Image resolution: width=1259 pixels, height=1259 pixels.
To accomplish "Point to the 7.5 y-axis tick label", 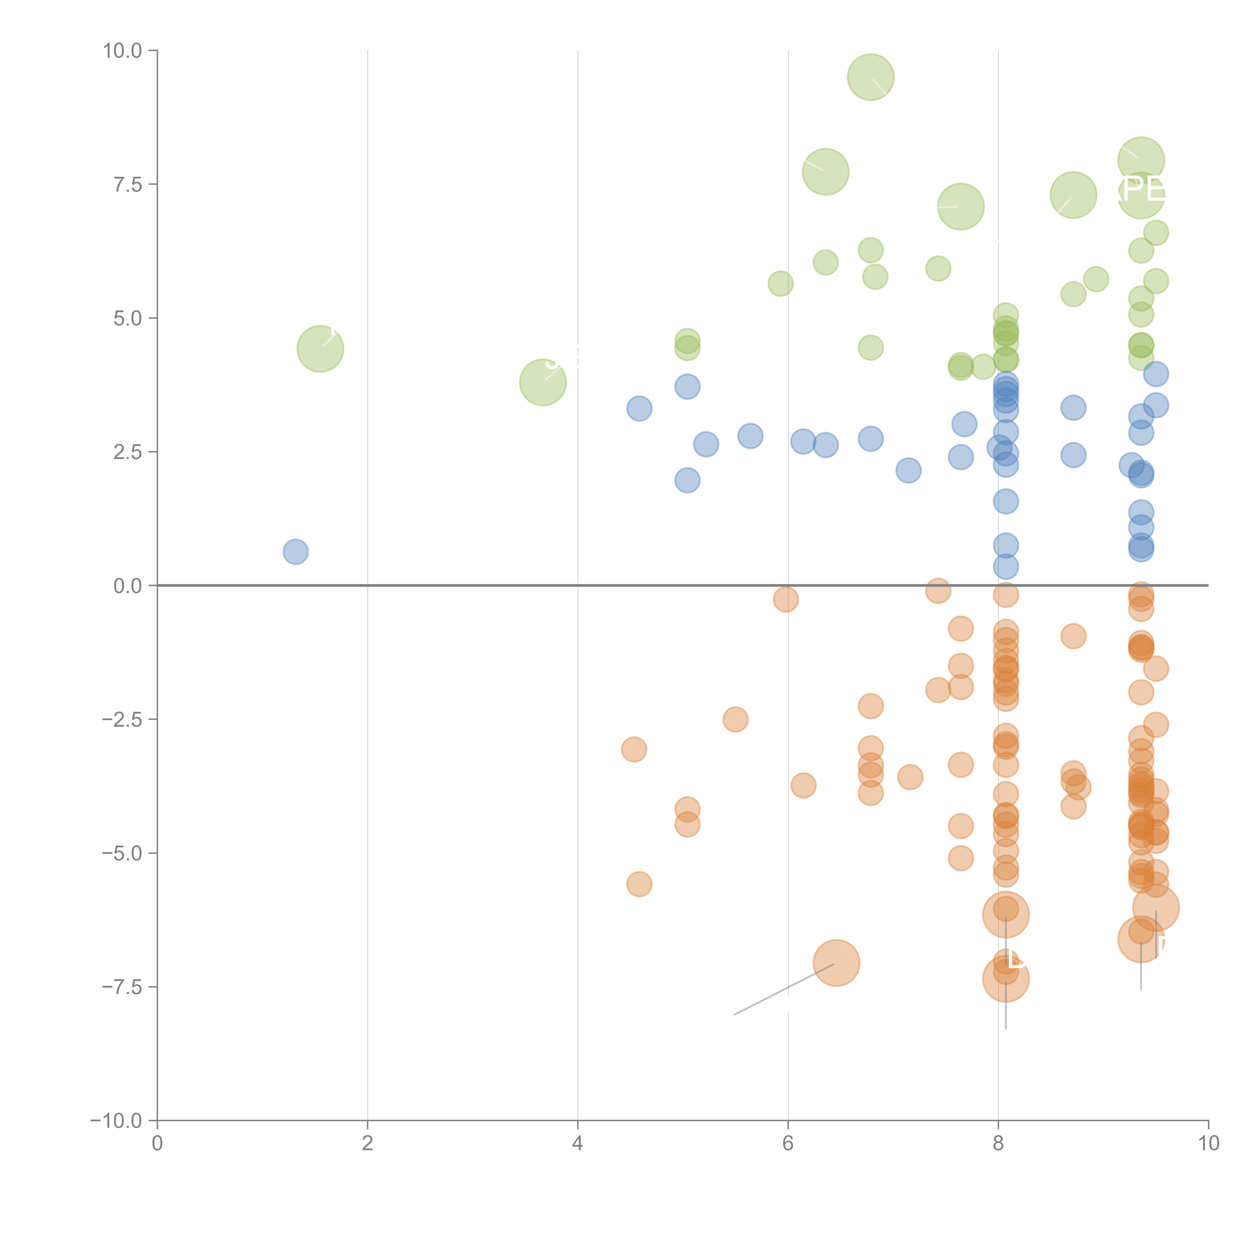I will (128, 184).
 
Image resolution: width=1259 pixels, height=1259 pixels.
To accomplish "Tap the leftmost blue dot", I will (295, 552).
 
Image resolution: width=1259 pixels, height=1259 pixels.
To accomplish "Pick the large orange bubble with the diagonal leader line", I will (837, 963).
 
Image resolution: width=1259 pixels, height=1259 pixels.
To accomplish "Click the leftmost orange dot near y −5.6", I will (639, 884).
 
